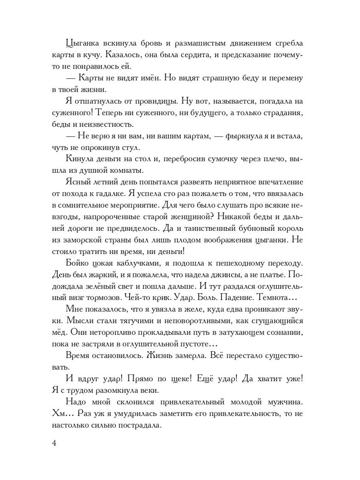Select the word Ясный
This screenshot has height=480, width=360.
pyautogui.click(x=78, y=182)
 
